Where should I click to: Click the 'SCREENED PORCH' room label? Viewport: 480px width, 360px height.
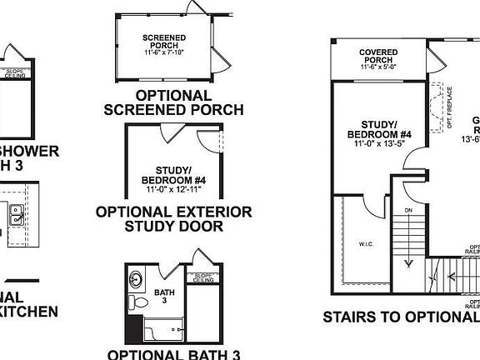tap(164, 42)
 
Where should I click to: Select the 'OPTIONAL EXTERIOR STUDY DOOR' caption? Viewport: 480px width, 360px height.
tap(173, 218)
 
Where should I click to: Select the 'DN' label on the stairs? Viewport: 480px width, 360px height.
tap(408, 212)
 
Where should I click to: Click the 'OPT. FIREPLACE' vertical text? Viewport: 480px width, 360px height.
tap(449, 107)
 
